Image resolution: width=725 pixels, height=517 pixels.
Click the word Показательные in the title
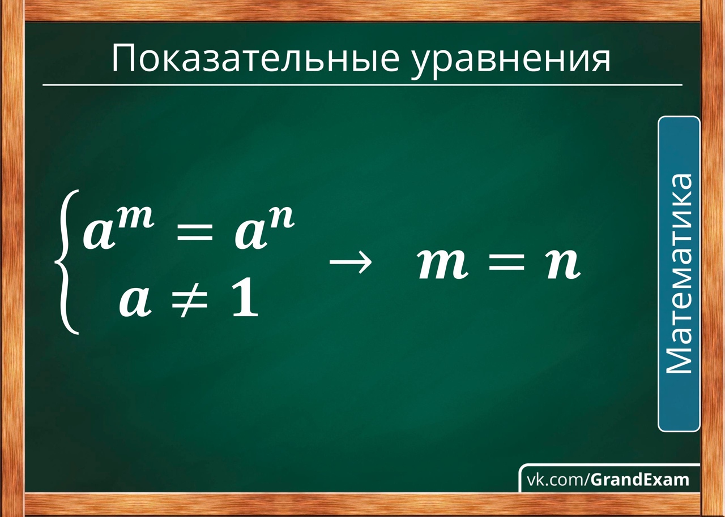coord(255,59)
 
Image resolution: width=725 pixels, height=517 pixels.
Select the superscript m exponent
coord(135,218)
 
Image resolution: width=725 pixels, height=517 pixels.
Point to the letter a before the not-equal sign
coord(135,302)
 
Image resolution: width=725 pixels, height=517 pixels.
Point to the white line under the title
coord(362,85)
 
